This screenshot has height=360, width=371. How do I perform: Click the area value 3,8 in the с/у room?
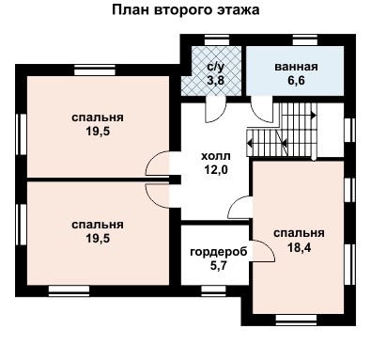tap(215, 81)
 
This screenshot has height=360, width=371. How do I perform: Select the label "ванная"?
tap(296, 67)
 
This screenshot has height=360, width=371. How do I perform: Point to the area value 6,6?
tap(296, 81)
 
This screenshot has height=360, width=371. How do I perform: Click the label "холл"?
tap(216, 156)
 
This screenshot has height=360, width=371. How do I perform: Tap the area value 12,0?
tap(216, 170)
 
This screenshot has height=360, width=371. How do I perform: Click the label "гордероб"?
tap(219, 252)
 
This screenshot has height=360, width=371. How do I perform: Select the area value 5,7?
tap(218, 266)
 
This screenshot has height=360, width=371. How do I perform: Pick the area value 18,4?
tap(299, 248)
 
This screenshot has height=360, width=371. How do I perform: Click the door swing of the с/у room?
tap(215, 110)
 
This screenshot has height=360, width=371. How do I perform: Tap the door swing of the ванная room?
tap(262, 109)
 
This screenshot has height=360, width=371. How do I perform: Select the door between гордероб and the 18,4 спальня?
tap(263, 251)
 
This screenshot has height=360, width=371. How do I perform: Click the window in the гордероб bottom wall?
tap(213, 290)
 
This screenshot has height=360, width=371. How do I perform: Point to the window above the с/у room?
tap(217, 40)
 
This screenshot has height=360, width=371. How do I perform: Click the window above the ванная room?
tap(305, 40)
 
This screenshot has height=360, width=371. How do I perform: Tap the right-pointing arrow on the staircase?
tap(314, 116)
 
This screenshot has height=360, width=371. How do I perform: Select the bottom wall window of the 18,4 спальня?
tap(296, 320)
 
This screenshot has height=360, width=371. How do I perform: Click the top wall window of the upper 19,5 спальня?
tap(95, 70)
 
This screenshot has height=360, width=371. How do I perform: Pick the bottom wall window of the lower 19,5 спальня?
tap(70, 290)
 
